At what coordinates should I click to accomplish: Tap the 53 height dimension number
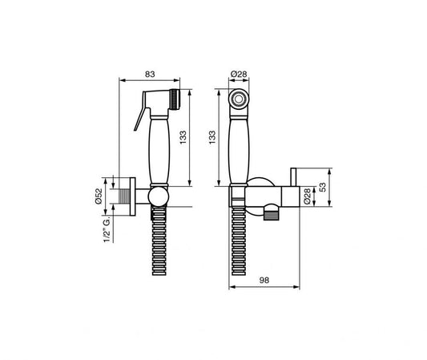(323, 188)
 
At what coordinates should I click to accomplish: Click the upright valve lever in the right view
(292, 177)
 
